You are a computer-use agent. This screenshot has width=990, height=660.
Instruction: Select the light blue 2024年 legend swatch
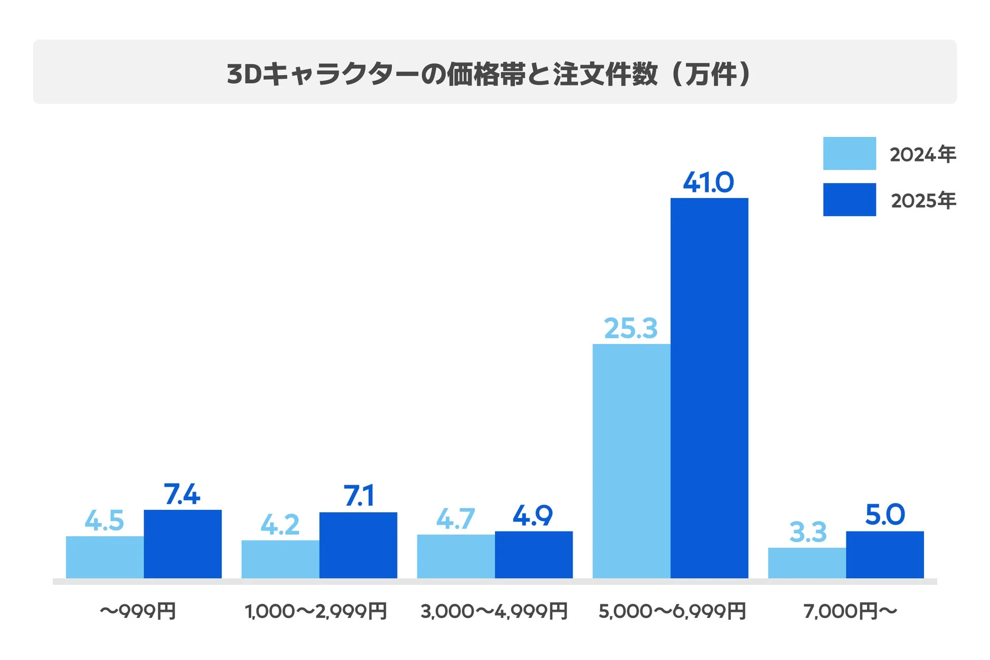click(x=849, y=153)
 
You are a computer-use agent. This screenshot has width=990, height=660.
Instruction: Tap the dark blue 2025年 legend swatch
click(x=849, y=200)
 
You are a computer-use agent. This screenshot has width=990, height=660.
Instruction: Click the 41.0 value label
click(x=708, y=183)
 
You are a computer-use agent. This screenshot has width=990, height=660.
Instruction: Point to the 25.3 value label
click(x=631, y=328)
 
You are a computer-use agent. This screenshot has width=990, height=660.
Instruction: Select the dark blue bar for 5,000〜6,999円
click(x=709, y=388)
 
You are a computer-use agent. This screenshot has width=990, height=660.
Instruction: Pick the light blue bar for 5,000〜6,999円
click(x=631, y=460)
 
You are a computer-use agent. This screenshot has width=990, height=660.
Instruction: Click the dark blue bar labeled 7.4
click(x=182, y=544)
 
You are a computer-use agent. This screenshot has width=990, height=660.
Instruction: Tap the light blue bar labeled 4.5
click(x=105, y=557)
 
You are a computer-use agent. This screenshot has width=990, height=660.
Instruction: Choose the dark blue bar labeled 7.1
click(x=358, y=545)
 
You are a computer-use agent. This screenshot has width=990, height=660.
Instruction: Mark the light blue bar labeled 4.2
click(x=280, y=559)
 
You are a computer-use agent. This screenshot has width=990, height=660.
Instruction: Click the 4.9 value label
click(x=532, y=516)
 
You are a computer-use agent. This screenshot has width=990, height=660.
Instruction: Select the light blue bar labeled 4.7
click(x=455, y=556)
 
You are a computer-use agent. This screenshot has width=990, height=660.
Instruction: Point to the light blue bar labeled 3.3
click(x=807, y=563)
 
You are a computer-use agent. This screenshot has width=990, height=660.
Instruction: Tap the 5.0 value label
click(x=884, y=515)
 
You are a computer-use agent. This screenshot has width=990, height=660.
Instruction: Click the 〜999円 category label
click(x=138, y=611)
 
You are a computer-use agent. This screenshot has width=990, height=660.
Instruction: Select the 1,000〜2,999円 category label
click(x=316, y=611)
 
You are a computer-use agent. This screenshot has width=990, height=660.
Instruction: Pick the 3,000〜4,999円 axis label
click(x=493, y=611)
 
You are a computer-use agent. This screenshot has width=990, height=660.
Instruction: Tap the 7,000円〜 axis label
click(x=850, y=611)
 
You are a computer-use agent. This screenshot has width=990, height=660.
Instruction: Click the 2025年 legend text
click(x=923, y=201)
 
